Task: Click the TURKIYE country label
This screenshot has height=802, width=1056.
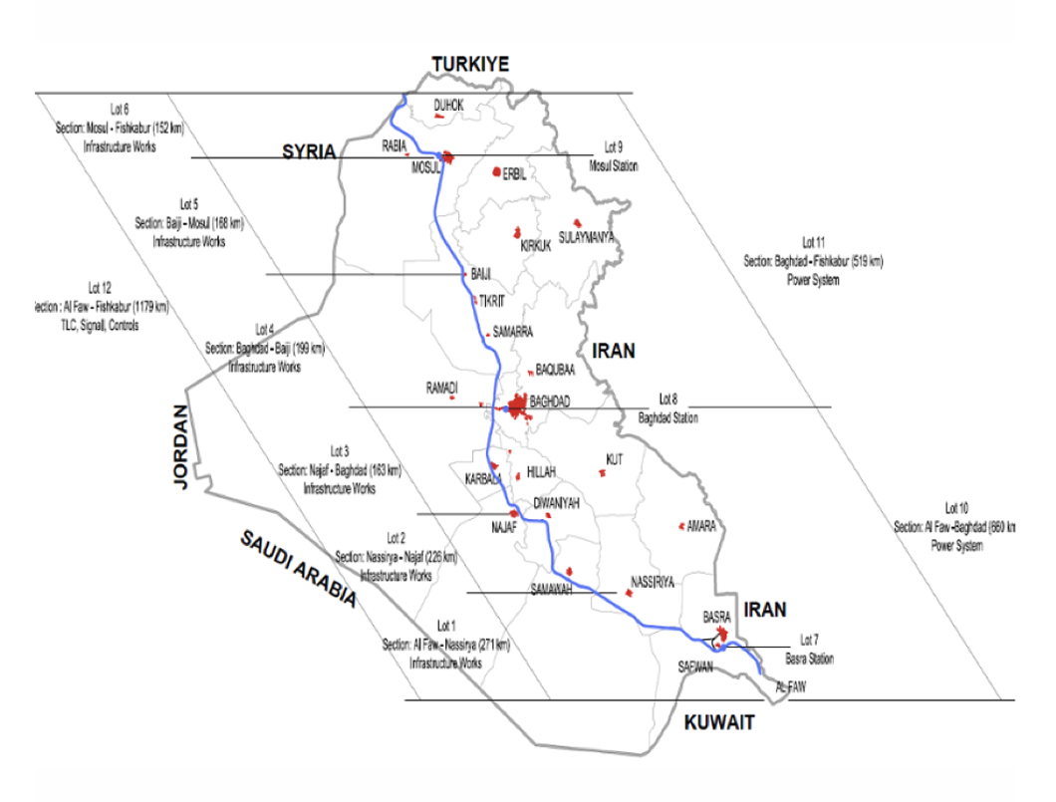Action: (470, 65)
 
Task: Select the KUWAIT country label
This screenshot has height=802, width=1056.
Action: (719, 724)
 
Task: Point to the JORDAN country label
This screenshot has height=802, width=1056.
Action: (180, 446)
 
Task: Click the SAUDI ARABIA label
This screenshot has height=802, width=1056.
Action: (298, 568)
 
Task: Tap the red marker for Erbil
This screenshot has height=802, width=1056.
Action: (497, 171)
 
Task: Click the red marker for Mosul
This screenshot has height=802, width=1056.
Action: (447, 156)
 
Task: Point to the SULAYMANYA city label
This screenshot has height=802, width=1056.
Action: (587, 237)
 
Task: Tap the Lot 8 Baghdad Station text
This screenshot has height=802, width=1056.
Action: (668, 412)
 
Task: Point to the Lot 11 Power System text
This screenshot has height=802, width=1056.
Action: (813, 261)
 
